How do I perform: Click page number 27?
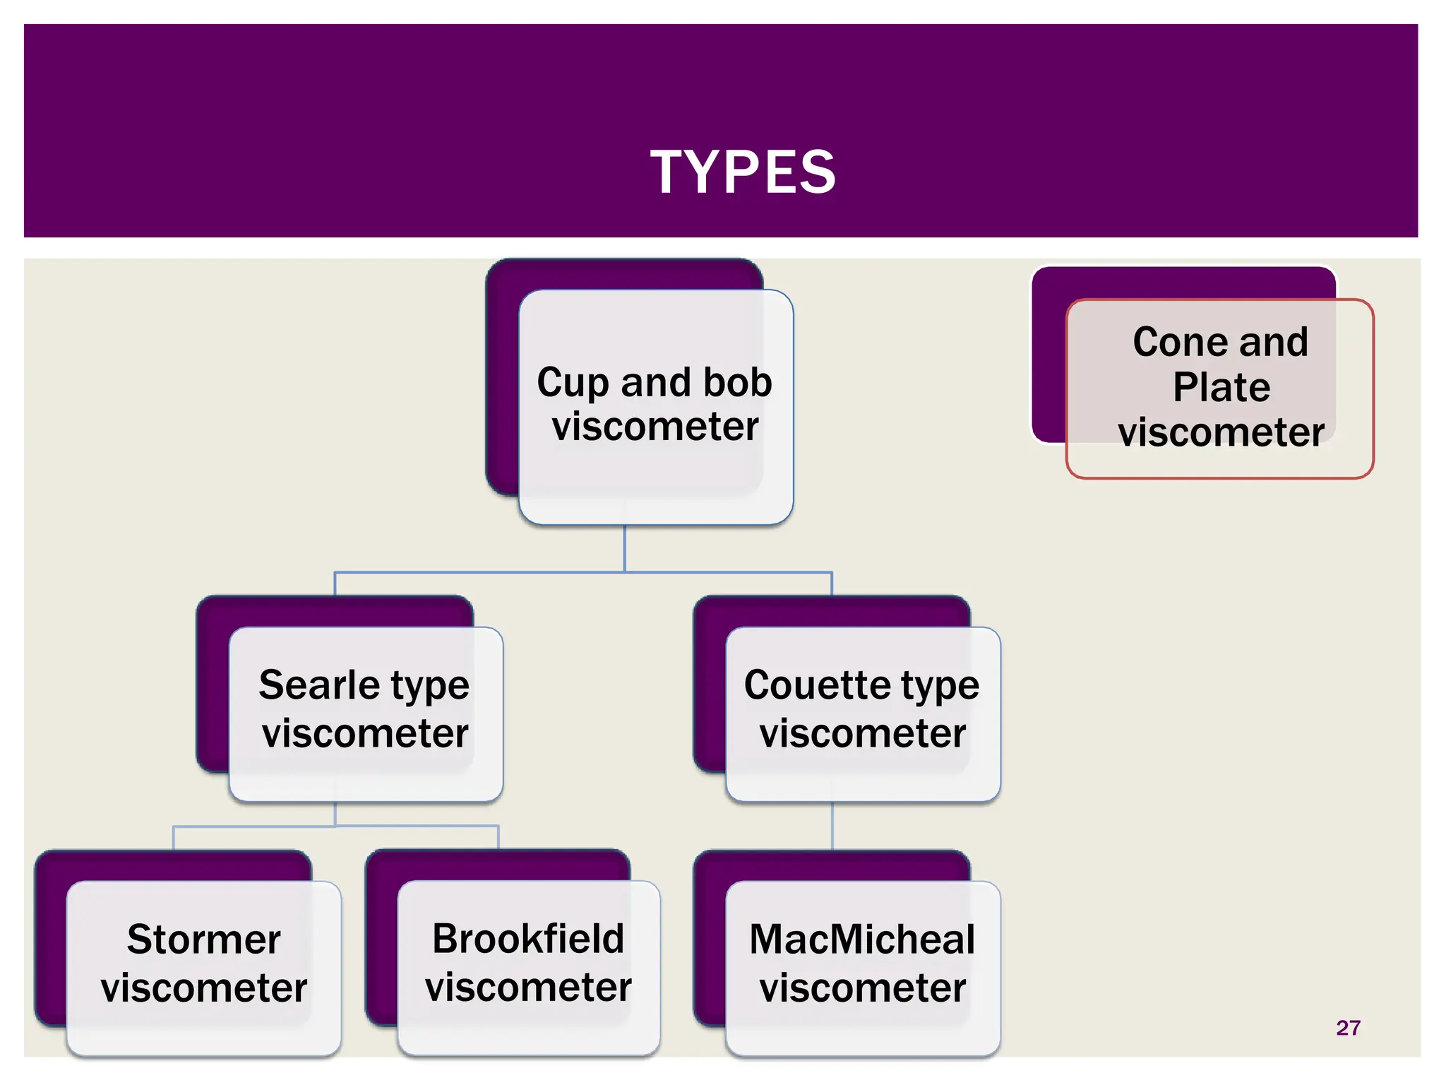pyautogui.click(x=1348, y=1028)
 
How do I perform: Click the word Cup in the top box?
pyautogui.click(x=572, y=384)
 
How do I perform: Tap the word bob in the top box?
pyautogui.click(x=737, y=382)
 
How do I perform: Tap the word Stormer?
pyautogui.click(x=204, y=939)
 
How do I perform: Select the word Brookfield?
pyautogui.click(x=528, y=939)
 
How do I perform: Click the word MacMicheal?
pyautogui.click(x=862, y=939)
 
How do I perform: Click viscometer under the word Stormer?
pyautogui.click(x=204, y=988)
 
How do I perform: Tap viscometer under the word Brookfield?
pyautogui.click(x=528, y=988)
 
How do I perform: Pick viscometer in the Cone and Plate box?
pyautogui.click(x=1221, y=432)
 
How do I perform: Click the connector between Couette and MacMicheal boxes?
pyautogui.click(x=832, y=825)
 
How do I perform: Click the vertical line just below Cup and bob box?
pyautogui.click(x=624, y=547)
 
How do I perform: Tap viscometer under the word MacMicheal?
pyautogui.click(x=862, y=988)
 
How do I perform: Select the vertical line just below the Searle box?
pyautogui.click(x=335, y=814)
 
